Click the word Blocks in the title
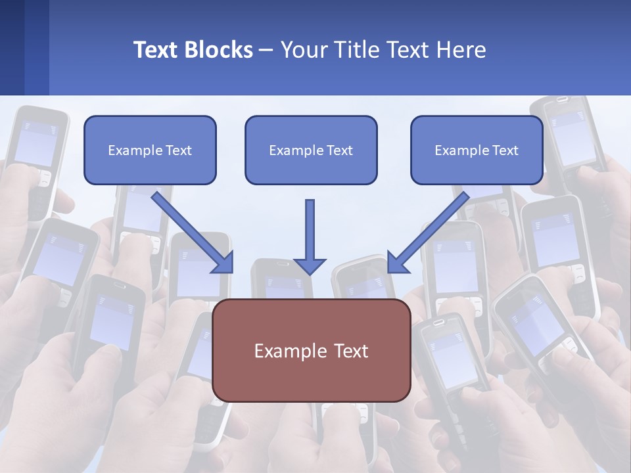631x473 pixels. click(218, 50)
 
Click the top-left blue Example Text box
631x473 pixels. click(150, 150)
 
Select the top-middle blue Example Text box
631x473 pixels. click(311, 150)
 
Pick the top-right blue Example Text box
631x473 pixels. click(477, 150)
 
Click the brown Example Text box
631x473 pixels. click(312, 350)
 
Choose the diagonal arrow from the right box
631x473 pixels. click(427, 232)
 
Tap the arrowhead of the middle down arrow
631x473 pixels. click(310, 265)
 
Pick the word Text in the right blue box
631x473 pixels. click(505, 150)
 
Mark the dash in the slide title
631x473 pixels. click(266, 51)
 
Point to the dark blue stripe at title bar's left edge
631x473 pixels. click(12, 47)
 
